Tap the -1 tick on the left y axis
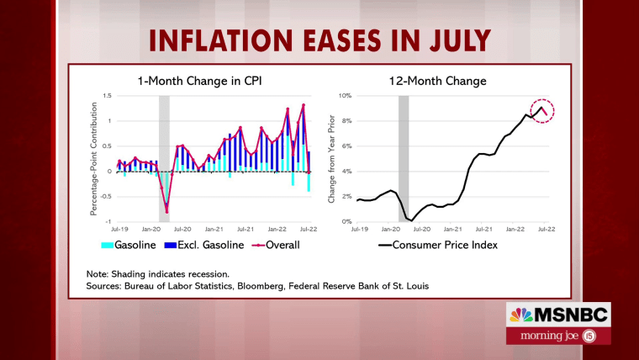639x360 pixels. point(108,221)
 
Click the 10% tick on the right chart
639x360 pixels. point(346,96)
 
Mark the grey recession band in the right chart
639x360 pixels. point(404,158)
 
